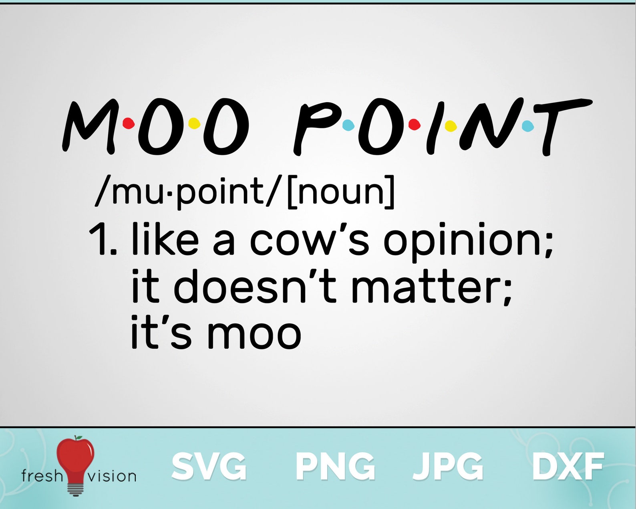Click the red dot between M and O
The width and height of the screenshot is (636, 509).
[x=129, y=123]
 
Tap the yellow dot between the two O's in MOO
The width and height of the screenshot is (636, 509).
[x=194, y=123]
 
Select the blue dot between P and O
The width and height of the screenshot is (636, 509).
[x=348, y=125]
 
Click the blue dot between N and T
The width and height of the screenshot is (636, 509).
[x=528, y=126]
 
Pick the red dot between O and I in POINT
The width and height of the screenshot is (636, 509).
[x=415, y=125]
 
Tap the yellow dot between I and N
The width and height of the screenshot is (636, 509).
[x=451, y=126]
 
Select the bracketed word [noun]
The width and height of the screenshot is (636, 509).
[x=341, y=192]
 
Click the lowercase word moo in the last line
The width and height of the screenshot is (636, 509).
[x=254, y=334]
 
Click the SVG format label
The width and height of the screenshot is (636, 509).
[x=209, y=466]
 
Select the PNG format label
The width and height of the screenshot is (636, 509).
[x=335, y=466]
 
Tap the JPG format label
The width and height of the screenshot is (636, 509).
[x=448, y=466]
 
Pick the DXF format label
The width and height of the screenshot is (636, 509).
[x=568, y=466]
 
